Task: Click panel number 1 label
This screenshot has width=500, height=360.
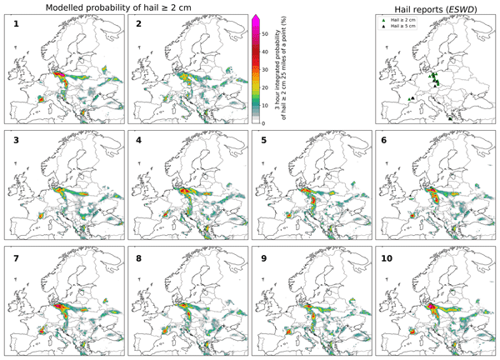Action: click(x=15, y=26)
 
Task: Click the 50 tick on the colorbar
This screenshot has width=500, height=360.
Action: click(x=265, y=34)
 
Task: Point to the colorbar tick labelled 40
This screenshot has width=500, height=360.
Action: click(x=265, y=52)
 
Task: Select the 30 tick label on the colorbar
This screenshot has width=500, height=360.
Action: click(x=265, y=70)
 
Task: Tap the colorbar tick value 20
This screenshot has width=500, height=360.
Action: click(x=265, y=87)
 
